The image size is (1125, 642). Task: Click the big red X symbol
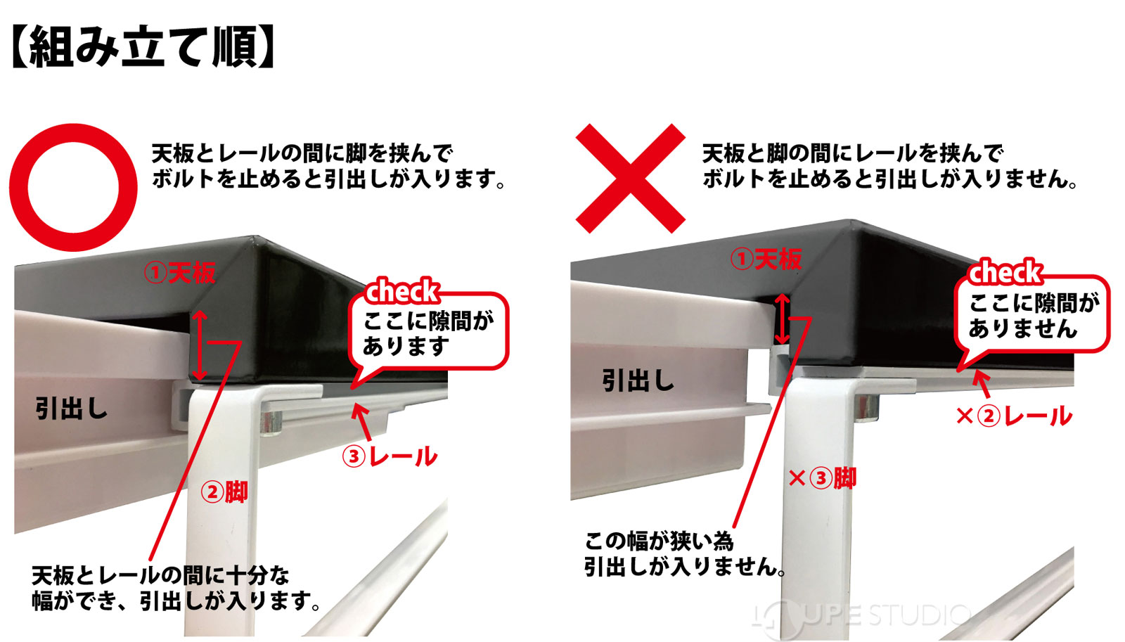630,179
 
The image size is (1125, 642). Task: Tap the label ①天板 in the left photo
180,273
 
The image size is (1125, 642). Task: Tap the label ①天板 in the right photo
766,259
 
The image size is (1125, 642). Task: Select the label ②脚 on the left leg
224,492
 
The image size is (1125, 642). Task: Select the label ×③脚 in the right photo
822,479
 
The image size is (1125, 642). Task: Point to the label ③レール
390,456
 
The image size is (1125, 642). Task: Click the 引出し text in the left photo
71,408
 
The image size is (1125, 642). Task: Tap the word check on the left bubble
402,291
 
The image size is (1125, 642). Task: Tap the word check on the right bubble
1005,272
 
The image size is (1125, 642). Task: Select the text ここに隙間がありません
1032,316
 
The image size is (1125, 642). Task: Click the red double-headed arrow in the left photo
200,345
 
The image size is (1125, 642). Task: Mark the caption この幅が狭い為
659,541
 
